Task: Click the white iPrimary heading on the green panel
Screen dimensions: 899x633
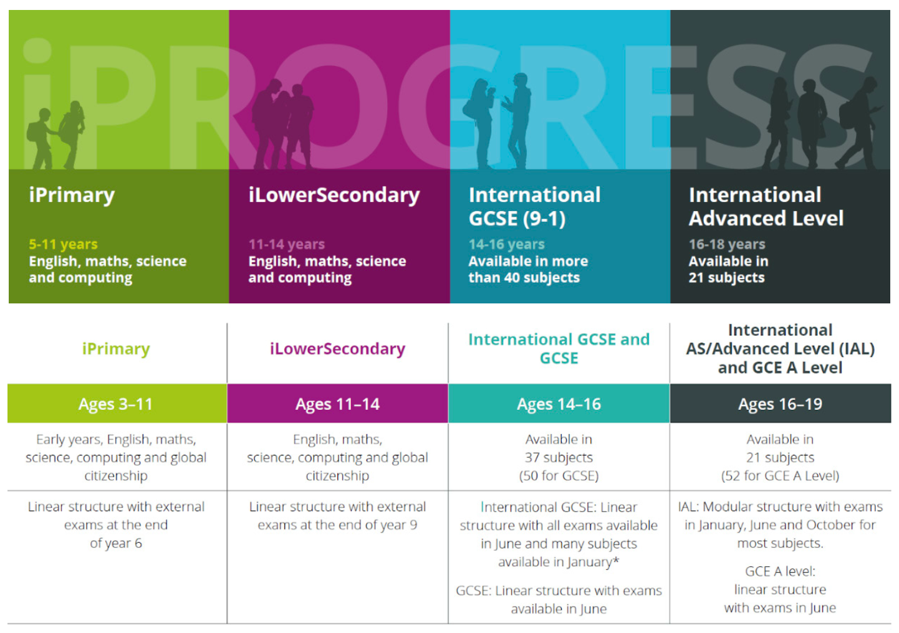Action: (72, 196)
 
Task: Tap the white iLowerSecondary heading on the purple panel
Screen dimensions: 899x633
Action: (334, 196)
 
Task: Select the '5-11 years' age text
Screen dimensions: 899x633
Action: (63, 244)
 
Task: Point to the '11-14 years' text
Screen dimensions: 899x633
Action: (287, 244)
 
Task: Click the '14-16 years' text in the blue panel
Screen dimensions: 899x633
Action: (506, 244)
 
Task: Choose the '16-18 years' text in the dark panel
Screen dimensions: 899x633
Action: (727, 244)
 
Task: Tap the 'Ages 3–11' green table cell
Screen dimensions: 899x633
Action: (117, 403)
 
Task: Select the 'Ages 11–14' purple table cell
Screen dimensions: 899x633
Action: (337, 403)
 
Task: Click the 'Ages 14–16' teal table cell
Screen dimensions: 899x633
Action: (559, 403)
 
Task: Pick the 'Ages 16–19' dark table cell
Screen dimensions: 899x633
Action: (780, 403)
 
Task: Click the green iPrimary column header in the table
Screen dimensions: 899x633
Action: (116, 349)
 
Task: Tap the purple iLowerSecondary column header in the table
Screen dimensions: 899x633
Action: (337, 349)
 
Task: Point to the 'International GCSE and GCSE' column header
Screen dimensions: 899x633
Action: (559, 348)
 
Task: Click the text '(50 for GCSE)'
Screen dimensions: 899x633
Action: (559, 476)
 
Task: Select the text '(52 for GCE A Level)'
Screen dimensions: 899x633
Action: (780, 476)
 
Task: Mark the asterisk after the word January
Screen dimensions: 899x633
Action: (616, 560)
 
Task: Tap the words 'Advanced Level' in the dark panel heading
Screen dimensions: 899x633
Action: (766, 219)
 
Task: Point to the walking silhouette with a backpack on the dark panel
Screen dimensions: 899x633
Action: (859, 125)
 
